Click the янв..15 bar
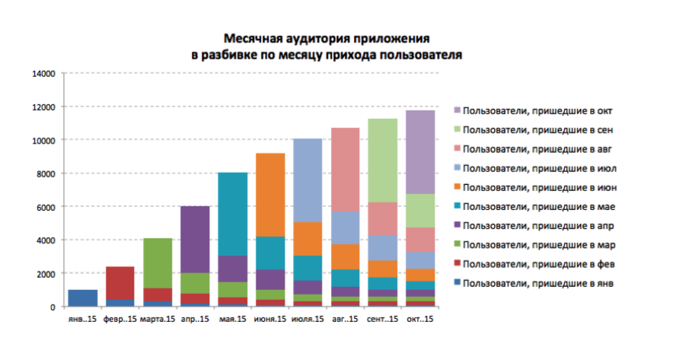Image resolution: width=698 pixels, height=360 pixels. [x=83, y=298]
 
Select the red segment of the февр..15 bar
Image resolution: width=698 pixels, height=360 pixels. [x=120, y=283]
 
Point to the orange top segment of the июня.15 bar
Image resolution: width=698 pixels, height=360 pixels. [x=269, y=195]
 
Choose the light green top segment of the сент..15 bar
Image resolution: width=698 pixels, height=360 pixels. [x=382, y=161]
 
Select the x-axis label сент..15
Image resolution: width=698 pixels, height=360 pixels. [x=382, y=319]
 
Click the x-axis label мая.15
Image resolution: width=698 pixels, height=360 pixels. [x=232, y=319]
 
